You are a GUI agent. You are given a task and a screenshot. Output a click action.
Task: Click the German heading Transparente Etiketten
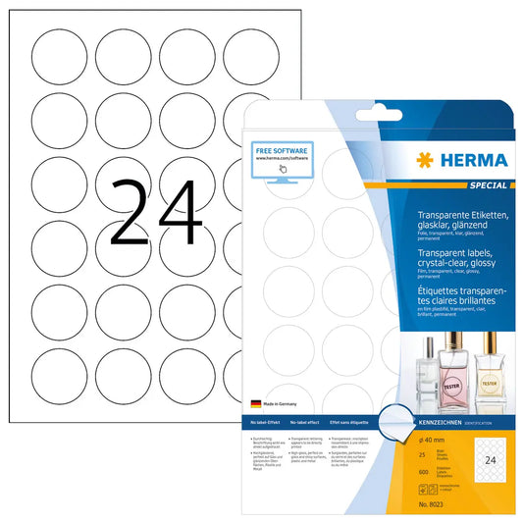tap(462, 212)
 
